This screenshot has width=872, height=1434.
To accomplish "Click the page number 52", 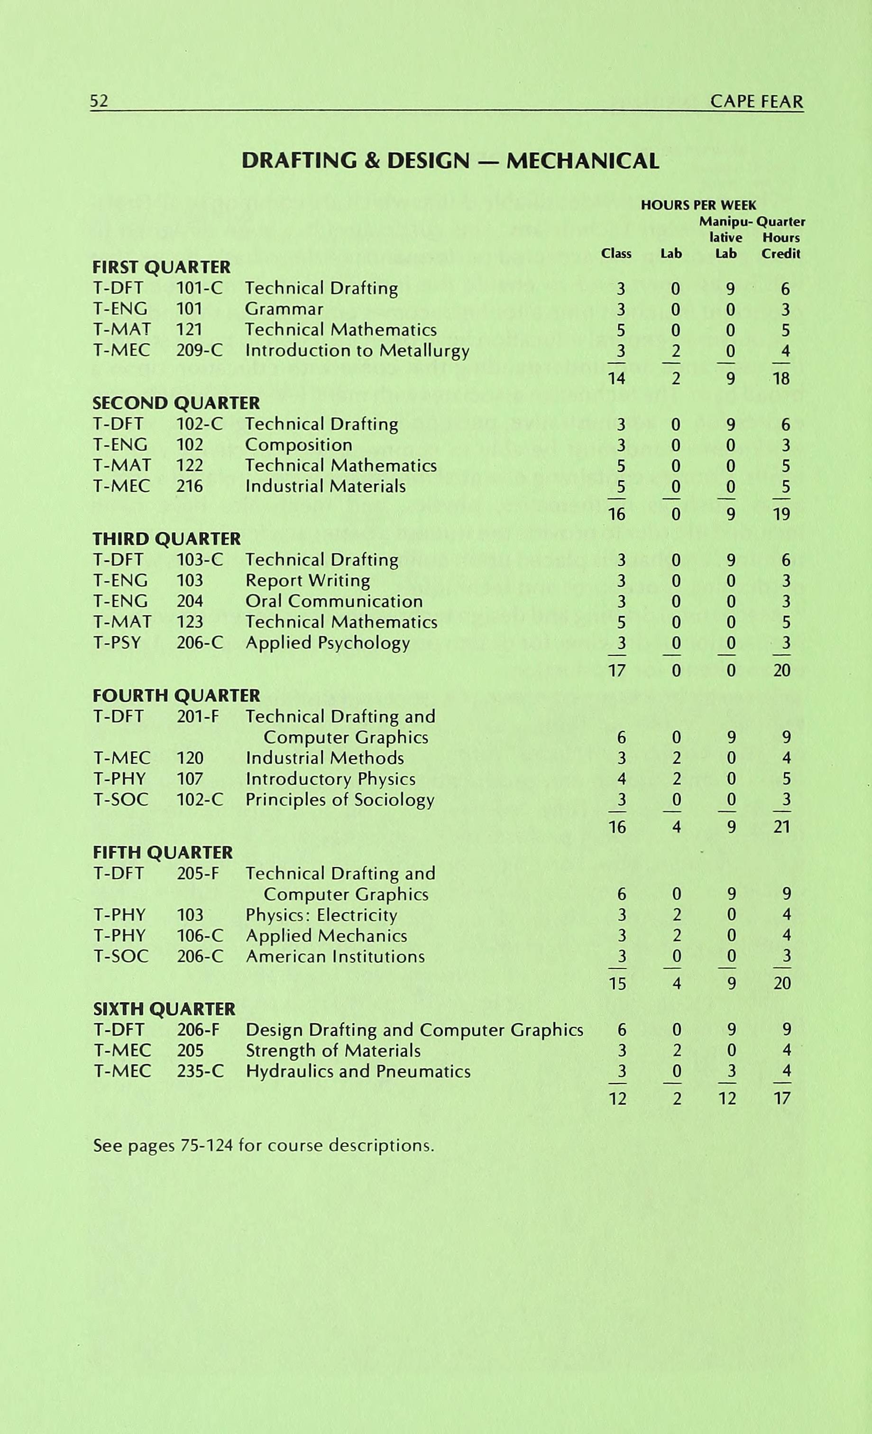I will (x=99, y=101).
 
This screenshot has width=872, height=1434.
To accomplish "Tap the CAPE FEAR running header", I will (x=756, y=102).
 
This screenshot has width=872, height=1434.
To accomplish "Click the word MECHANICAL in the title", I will (x=582, y=161).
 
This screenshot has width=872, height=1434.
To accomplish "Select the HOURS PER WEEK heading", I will (x=698, y=205).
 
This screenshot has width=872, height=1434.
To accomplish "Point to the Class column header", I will (x=616, y=254).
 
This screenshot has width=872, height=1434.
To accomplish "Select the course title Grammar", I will (x=284, y=309).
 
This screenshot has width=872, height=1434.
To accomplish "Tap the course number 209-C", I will (x=199, y=350).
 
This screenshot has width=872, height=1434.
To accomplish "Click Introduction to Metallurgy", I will (x=357, y=350).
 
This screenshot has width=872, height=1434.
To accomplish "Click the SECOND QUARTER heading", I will (x=176, y=403).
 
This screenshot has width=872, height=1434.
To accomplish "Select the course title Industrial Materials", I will (x=325, y=486).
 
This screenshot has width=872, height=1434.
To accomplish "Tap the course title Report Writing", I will (x=307, y=580).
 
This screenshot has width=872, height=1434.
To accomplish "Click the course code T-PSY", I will (x=117, y=643).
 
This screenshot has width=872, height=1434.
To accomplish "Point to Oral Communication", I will (x=333, y=601).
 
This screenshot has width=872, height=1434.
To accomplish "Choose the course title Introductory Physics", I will (x=330, y=779).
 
